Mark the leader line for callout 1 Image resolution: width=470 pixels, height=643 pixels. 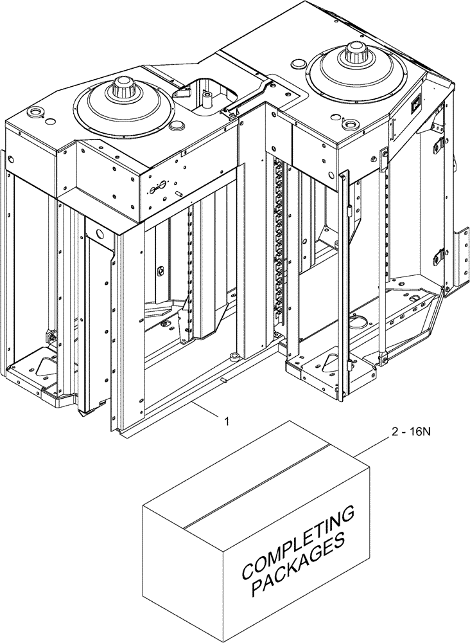pyautogui.click(x=207, y=411)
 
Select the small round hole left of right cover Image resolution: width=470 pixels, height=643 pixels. pyautogui.click(x=297, y=63)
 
